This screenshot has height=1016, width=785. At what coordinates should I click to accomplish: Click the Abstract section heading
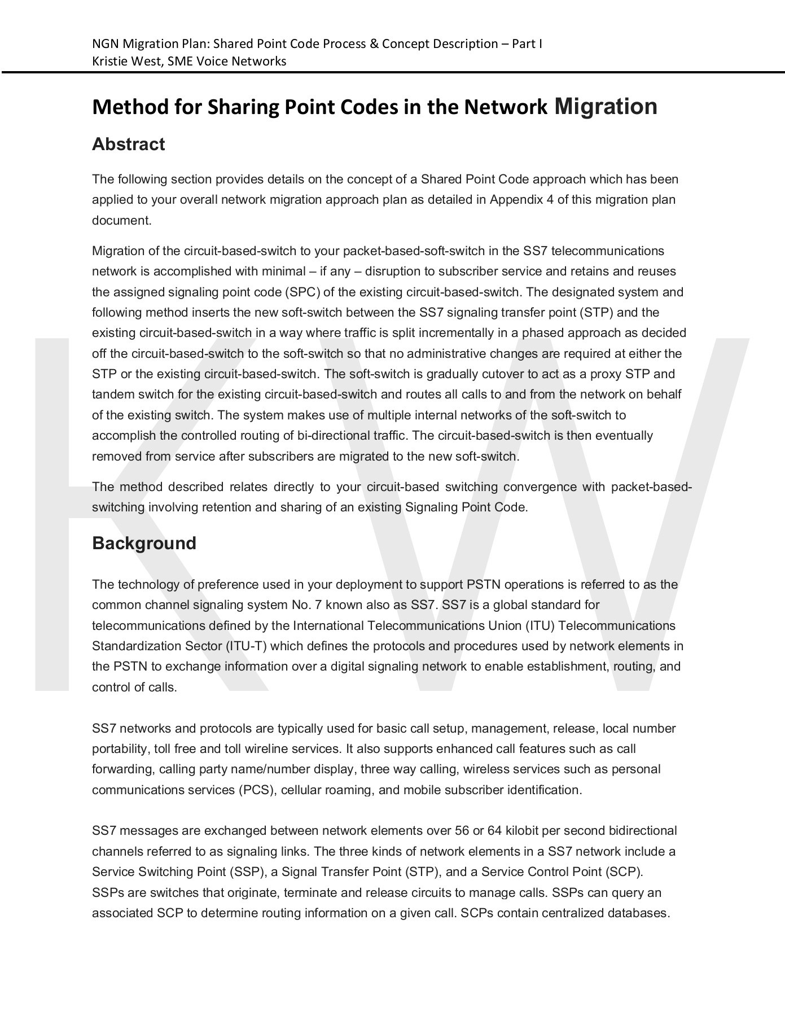coord(128,144)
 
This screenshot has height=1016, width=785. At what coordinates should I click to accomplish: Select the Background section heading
coord(144,543)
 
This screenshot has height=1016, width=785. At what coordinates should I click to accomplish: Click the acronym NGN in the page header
coord(106,44)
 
